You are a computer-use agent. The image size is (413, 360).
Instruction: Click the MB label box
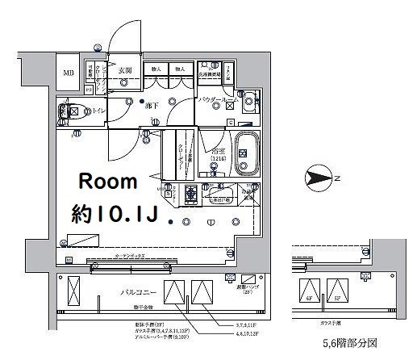(x=68, y=74)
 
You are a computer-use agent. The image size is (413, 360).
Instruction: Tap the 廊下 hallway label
(x=150, y=104)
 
